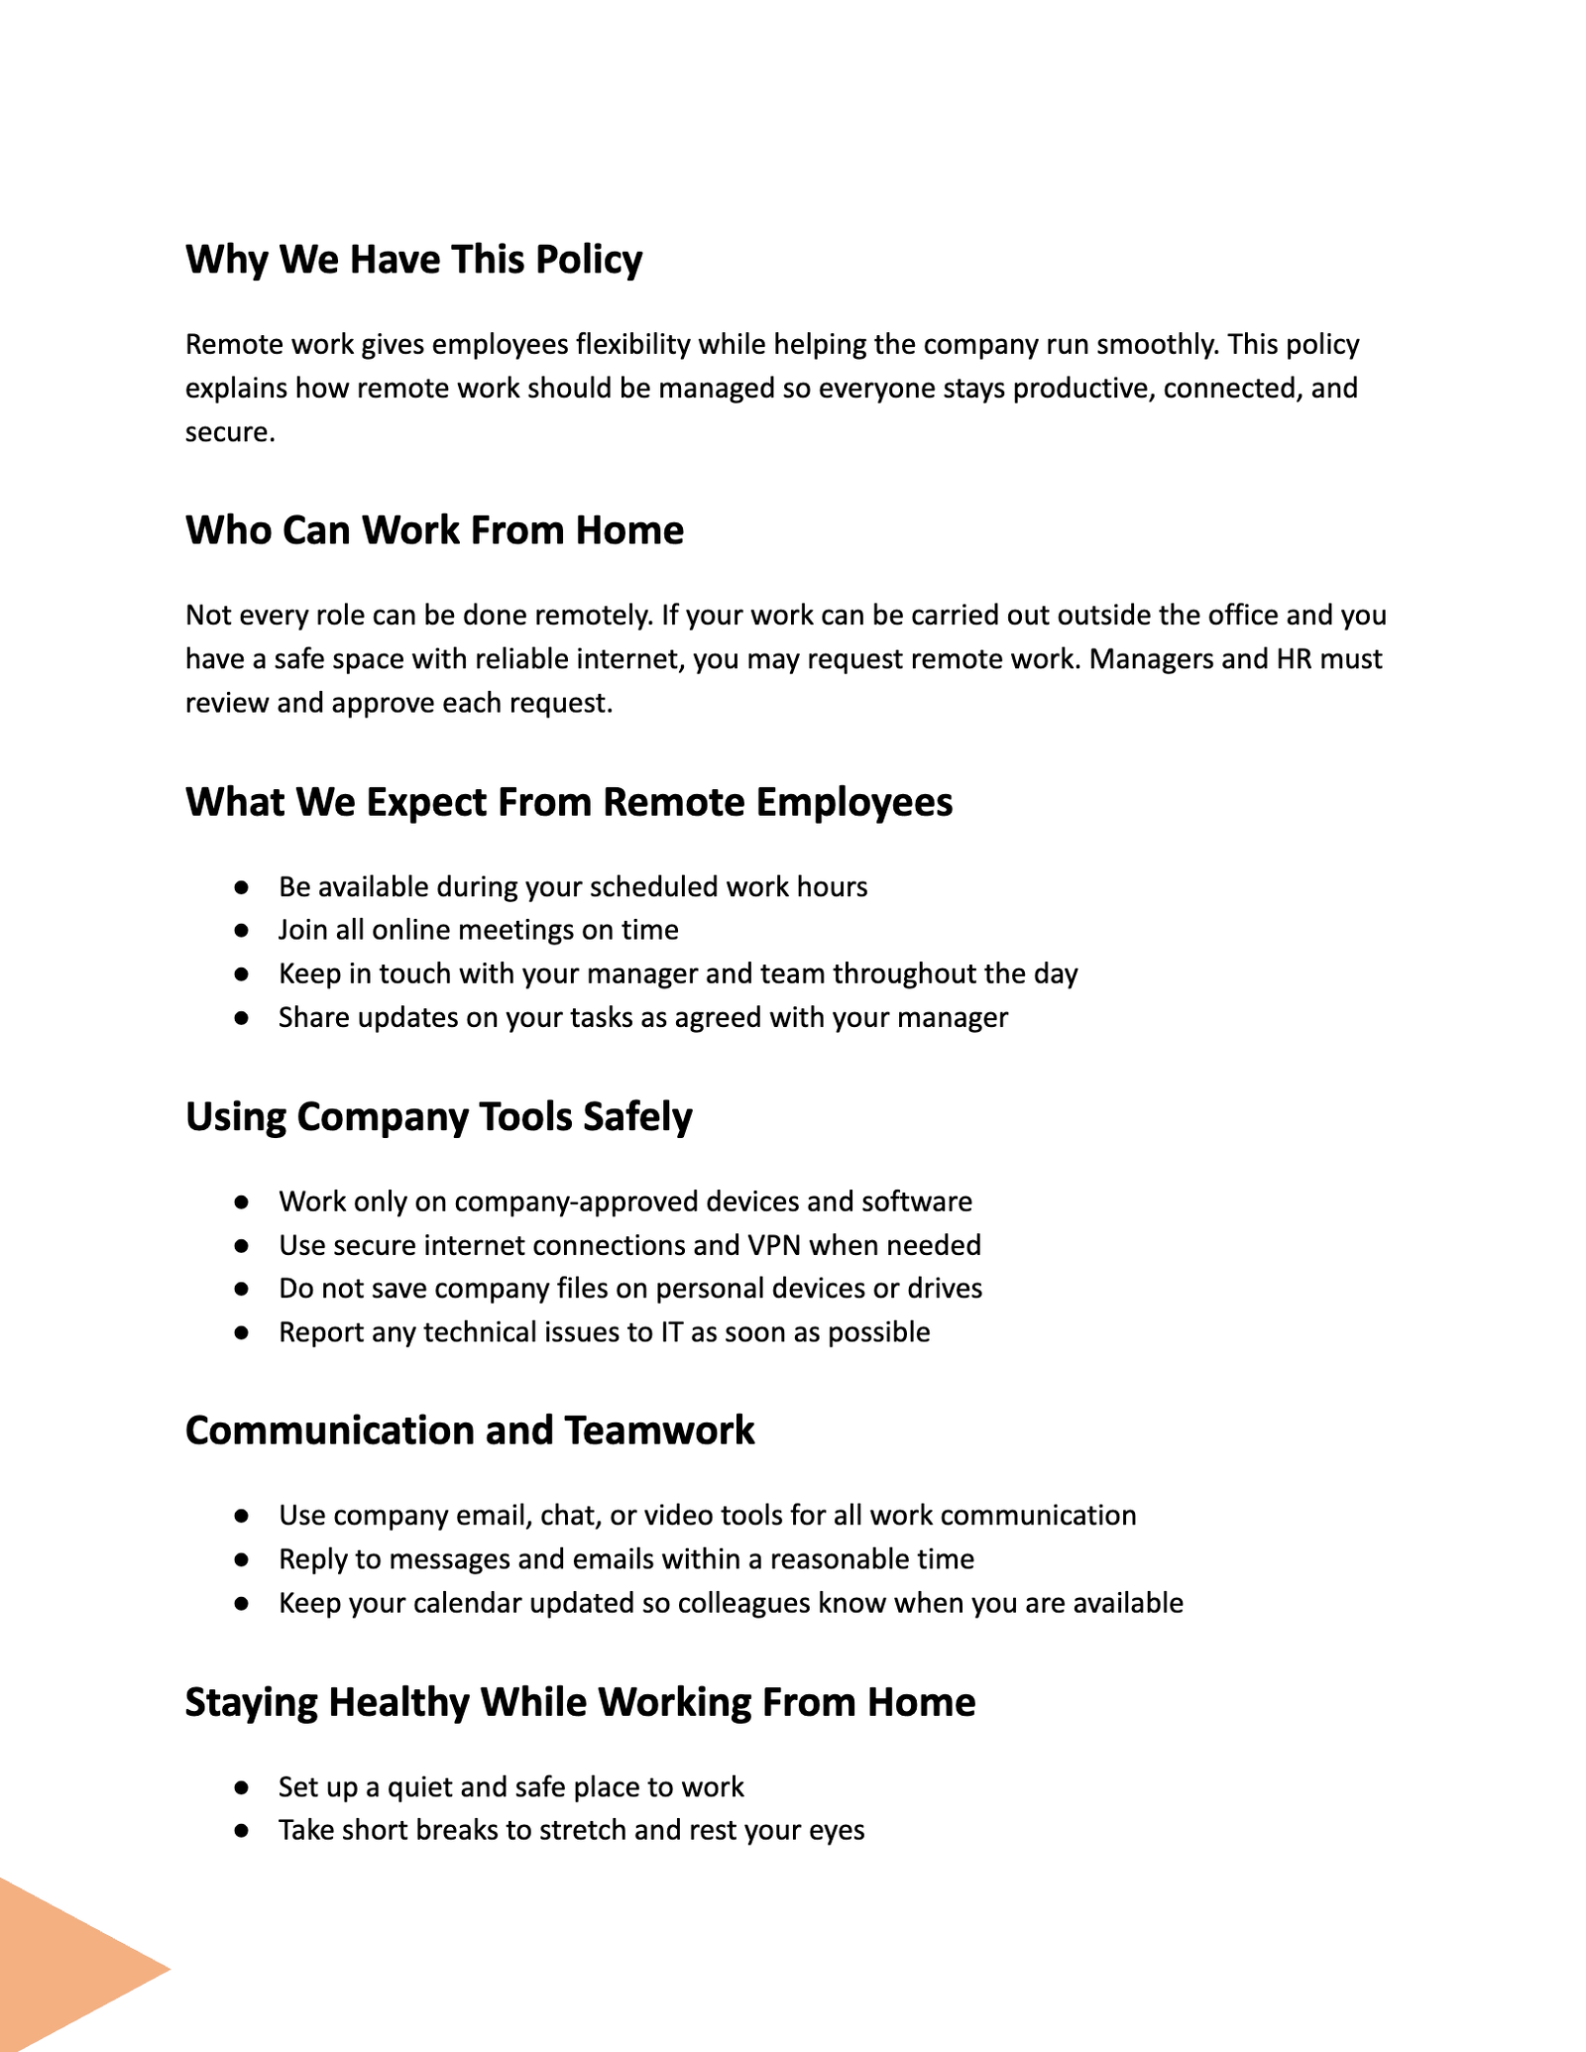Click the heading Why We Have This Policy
pyautogui.click(x=413, y=261)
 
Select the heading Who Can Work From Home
pyautogui.click(x=434, y=531)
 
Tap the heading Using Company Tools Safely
pyautogui.click(x=438, y=1117)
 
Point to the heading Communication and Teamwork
pyautogui.click(x=469, y=1431)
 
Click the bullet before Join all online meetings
pyautogui.click(x=241, y=931)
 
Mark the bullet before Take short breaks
pyautogui.click(x=241, y=1831)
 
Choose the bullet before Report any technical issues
pyautogui.click(x=241, y=1332)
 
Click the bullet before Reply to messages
pyautogui.click(x=241, y=1559)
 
